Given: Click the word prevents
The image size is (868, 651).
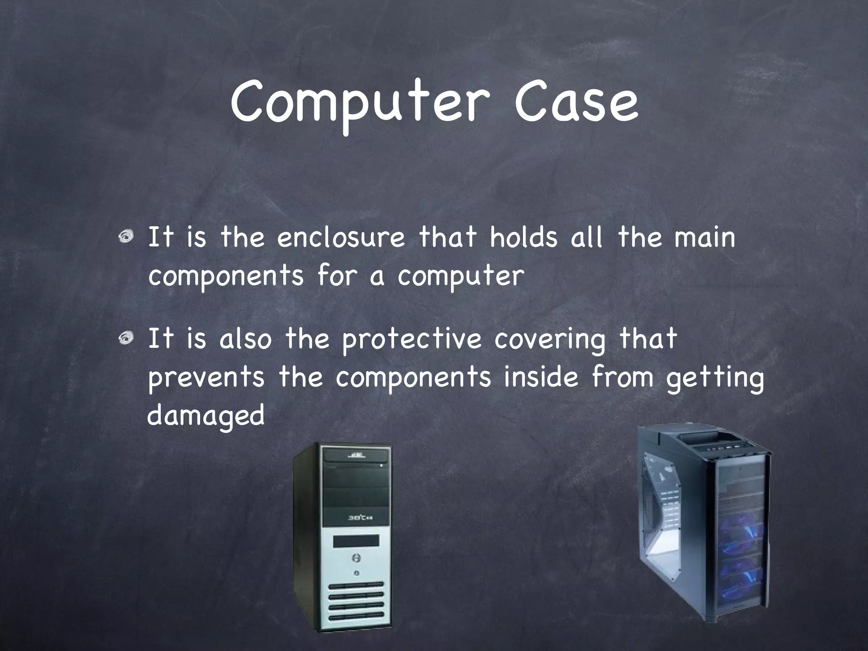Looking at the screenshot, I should [206, 377].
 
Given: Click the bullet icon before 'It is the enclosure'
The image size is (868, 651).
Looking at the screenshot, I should [125, 238].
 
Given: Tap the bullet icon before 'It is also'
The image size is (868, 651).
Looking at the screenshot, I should [125, 339].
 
